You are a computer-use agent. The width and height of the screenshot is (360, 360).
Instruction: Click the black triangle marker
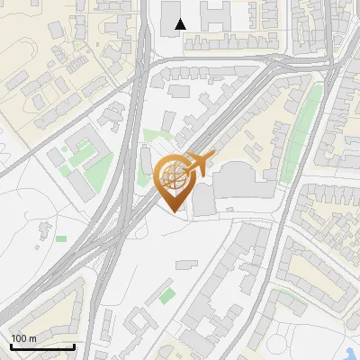coord(181,24)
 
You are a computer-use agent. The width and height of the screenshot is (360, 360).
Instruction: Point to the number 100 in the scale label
coord(20,338)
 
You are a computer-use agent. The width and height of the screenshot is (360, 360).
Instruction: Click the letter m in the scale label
coord(33,338)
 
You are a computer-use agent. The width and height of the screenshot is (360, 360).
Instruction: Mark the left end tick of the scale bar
coord(11,346)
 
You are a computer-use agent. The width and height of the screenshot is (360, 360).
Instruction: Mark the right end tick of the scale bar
coord(74,346)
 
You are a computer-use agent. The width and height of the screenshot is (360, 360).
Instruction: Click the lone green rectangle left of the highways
coord(61,238)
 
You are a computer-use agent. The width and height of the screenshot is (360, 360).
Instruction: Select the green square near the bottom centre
coord(168,295)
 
